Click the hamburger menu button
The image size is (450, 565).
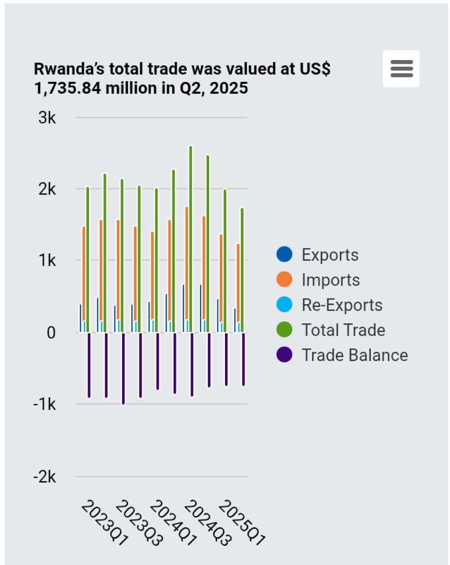pos(401,68)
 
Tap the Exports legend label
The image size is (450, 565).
pos(330,255)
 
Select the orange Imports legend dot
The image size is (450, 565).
pos(284,280)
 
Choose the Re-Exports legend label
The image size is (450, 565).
pos(342,305)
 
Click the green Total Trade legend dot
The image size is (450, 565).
pos(284,330)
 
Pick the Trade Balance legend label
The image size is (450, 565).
pos(354,355)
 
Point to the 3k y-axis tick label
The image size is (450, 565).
pos(47,118)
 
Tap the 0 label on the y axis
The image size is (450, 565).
pos(51,332)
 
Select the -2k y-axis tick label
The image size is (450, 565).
pos(44,477)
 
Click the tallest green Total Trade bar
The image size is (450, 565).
pos(191,238)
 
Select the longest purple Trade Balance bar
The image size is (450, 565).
pos(123,368)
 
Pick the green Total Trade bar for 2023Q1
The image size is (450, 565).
pos(88,259)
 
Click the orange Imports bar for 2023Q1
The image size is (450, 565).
pos(83,279)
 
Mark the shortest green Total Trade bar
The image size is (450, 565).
pos(242,269)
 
